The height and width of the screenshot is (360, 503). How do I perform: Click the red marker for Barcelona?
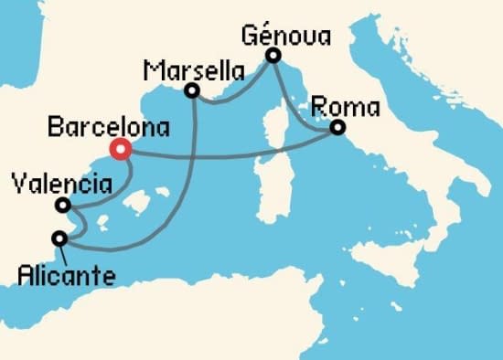coord(119,148)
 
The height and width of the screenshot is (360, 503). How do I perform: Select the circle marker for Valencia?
coord(62,205)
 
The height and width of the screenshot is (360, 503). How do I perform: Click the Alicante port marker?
coord(60,238)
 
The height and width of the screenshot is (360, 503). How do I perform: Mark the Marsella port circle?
coord(192,90)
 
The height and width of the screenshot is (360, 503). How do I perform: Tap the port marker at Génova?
coord(273,57)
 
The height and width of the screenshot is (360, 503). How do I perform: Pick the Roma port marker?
coord(337,128)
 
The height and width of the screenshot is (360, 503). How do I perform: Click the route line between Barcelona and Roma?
coord(229,155)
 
